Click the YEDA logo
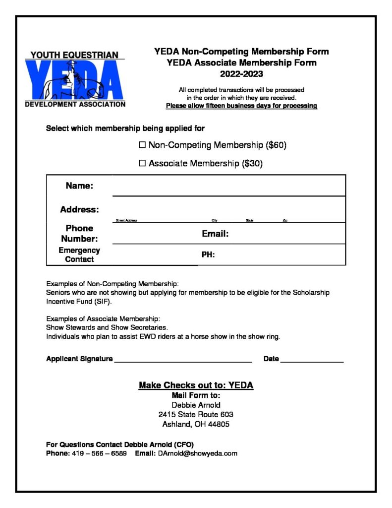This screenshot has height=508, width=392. pyautogui.click(x=75, y=80)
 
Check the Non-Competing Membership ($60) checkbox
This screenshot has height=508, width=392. pyautogui.click(x=142, y=145)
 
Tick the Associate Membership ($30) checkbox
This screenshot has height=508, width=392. pyautogui.click(x=142, y=163)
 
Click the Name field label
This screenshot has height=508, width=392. pyautogui.click(x=79, y=186)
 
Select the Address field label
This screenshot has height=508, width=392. pyautogui.click(x=79, y=209)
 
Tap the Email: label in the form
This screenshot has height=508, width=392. pyautogui.click(x=215, y=234)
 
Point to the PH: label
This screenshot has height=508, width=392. pyautogui.click(x=208, y=255)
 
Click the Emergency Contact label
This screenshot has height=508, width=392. pyautogui.click(x=79, y=254)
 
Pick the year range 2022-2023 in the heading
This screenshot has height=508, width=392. pyautogui.click(x=241, y=74)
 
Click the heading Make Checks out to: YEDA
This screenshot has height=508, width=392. pyautogui.click(x=196, y=385)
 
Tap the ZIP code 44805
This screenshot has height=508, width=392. pyautogui.click(x=216, y=424)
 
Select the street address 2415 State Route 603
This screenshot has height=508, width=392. pyautogui.click(x=196, y=414)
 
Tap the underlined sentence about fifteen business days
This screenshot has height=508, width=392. pyautogui.click(x=241, y=106)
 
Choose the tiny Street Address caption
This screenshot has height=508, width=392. pyautogui.click(x=126, y=220)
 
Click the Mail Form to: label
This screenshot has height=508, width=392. pyautogui.click(x=196, y=395)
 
